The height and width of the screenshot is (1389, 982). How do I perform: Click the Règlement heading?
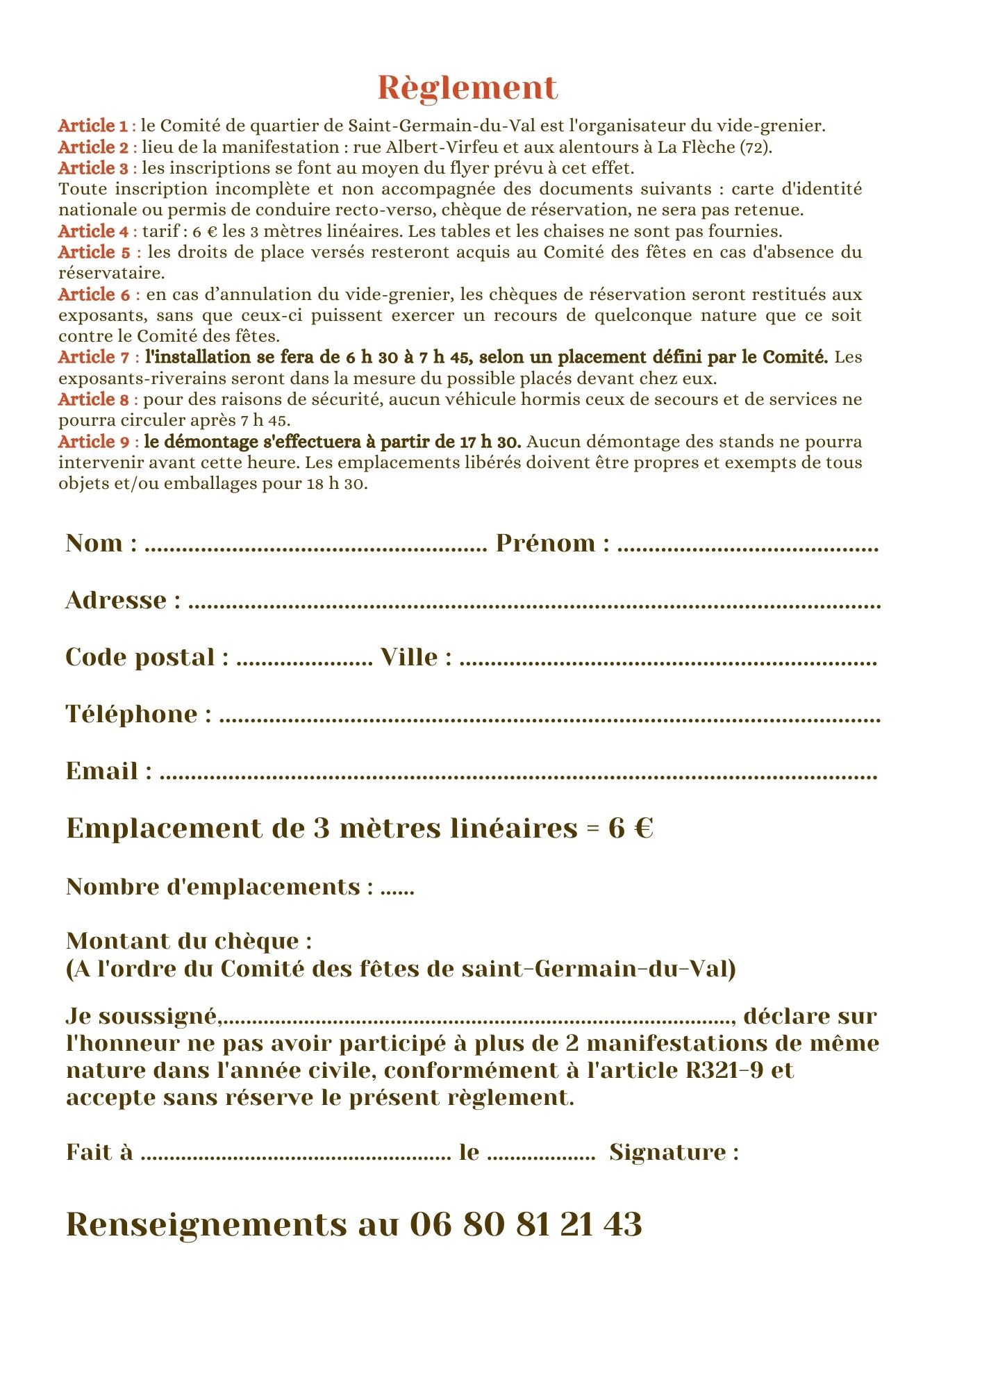(x=467, y=88)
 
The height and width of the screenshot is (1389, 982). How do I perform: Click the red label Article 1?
(x=93, y=126)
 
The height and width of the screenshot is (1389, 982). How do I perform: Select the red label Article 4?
(x=93, y=231)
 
